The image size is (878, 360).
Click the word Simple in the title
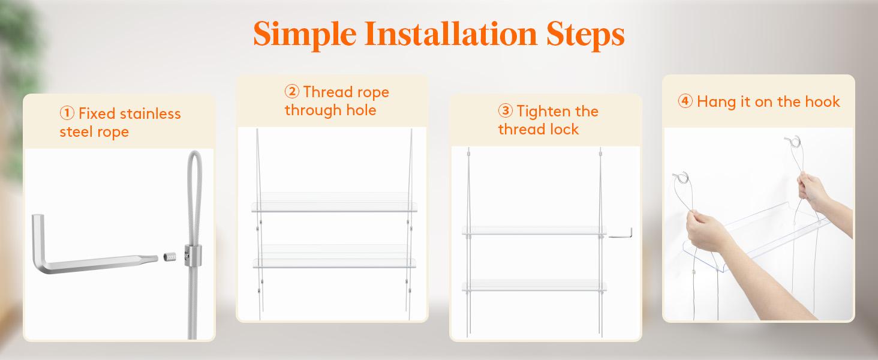coord(305,34)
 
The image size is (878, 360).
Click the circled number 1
coord(67,113)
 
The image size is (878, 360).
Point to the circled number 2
coord(291,92)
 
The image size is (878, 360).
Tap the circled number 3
coord(505,110)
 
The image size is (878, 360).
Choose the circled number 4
coord(685,101)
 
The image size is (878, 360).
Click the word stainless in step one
coord(150,114)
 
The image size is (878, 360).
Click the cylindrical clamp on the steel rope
coord(193,255)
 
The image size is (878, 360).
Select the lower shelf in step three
coord(534,286)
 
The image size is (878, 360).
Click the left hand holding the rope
coord(705,232)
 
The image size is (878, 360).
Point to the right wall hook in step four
coord(793,142)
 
